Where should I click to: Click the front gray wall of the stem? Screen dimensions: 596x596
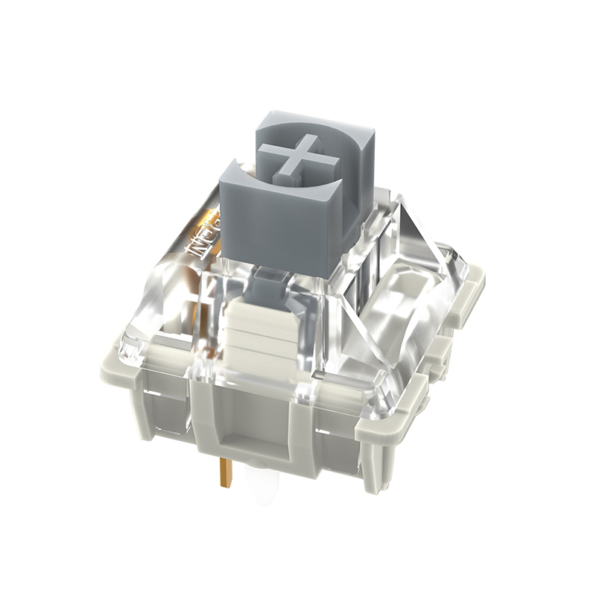(x=279, y=223)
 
